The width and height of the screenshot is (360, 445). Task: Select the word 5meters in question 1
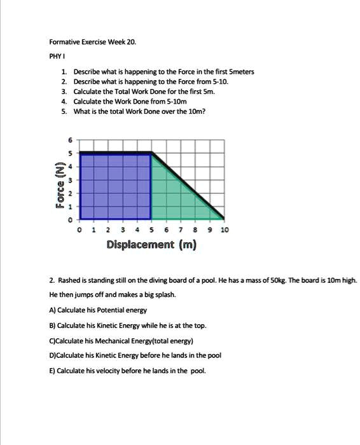[x=239, y=72]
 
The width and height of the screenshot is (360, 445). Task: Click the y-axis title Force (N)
[x=60, y=184]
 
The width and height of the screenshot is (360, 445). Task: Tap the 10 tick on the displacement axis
[x=225, y=229]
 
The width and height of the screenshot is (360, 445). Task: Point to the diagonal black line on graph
[x=188, y=185]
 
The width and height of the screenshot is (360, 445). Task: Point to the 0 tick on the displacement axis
[x=78, y=229]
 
